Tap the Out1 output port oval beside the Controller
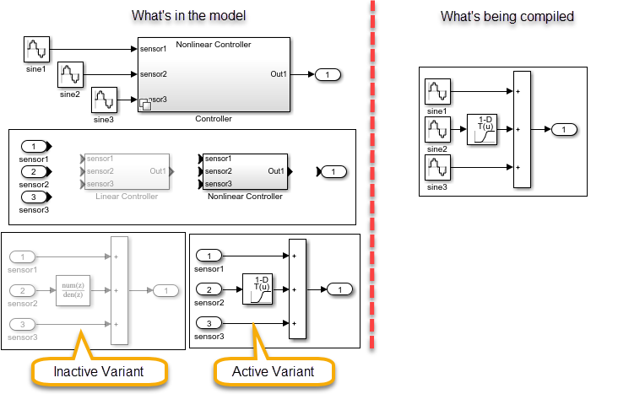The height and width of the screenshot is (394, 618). (x=327, y=75)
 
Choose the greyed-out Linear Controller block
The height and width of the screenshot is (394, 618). (x=126, y=171)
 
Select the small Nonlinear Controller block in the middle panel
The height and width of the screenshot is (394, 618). (x=244, y=171)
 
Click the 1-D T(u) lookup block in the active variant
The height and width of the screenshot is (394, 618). (x=256, y=289)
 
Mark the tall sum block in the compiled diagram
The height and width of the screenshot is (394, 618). (x=521, y=130)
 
